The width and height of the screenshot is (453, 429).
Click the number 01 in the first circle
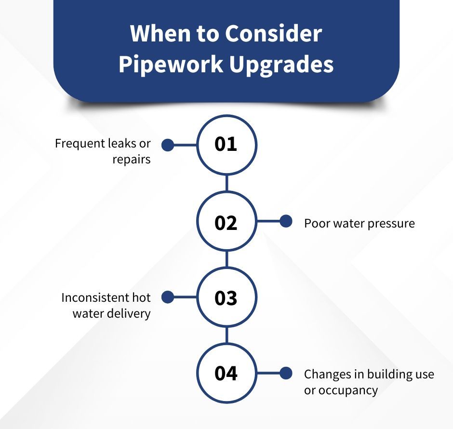tap(226, 144)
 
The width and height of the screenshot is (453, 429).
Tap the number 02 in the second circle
tap(226, 223)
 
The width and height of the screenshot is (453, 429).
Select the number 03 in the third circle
tap(226, 298)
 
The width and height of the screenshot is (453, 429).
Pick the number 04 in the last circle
tap(226, 374)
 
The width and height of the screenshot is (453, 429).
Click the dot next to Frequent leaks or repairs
tap(167, 145)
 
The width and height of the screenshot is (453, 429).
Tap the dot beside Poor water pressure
tap(286, 222)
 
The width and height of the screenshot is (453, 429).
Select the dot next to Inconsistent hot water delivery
tap(167, 297)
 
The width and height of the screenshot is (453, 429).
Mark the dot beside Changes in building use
tap(286, 373)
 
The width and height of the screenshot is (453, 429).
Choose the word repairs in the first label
tap(132, 159)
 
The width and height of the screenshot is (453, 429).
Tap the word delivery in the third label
tap(131, 313)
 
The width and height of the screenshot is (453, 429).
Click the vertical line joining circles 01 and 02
tap(226, 183)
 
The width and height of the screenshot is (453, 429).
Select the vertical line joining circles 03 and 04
tap(226, 336)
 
